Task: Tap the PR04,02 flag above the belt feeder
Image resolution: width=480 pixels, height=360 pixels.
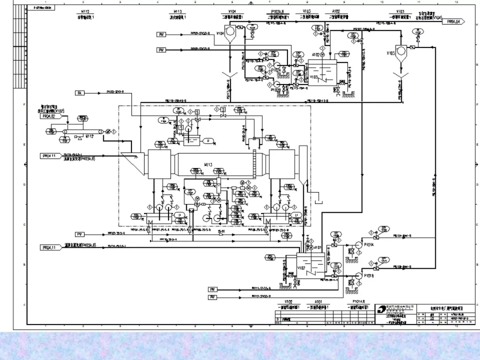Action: coord(50,116)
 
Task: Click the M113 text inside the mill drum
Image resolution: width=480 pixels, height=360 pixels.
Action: coord(209,165)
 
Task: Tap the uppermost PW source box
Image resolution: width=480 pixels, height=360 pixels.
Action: coord(161,34)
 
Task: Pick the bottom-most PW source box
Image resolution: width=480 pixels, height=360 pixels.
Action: coord(213,297)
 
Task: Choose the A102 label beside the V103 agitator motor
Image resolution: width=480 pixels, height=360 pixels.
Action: coord(316,55)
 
